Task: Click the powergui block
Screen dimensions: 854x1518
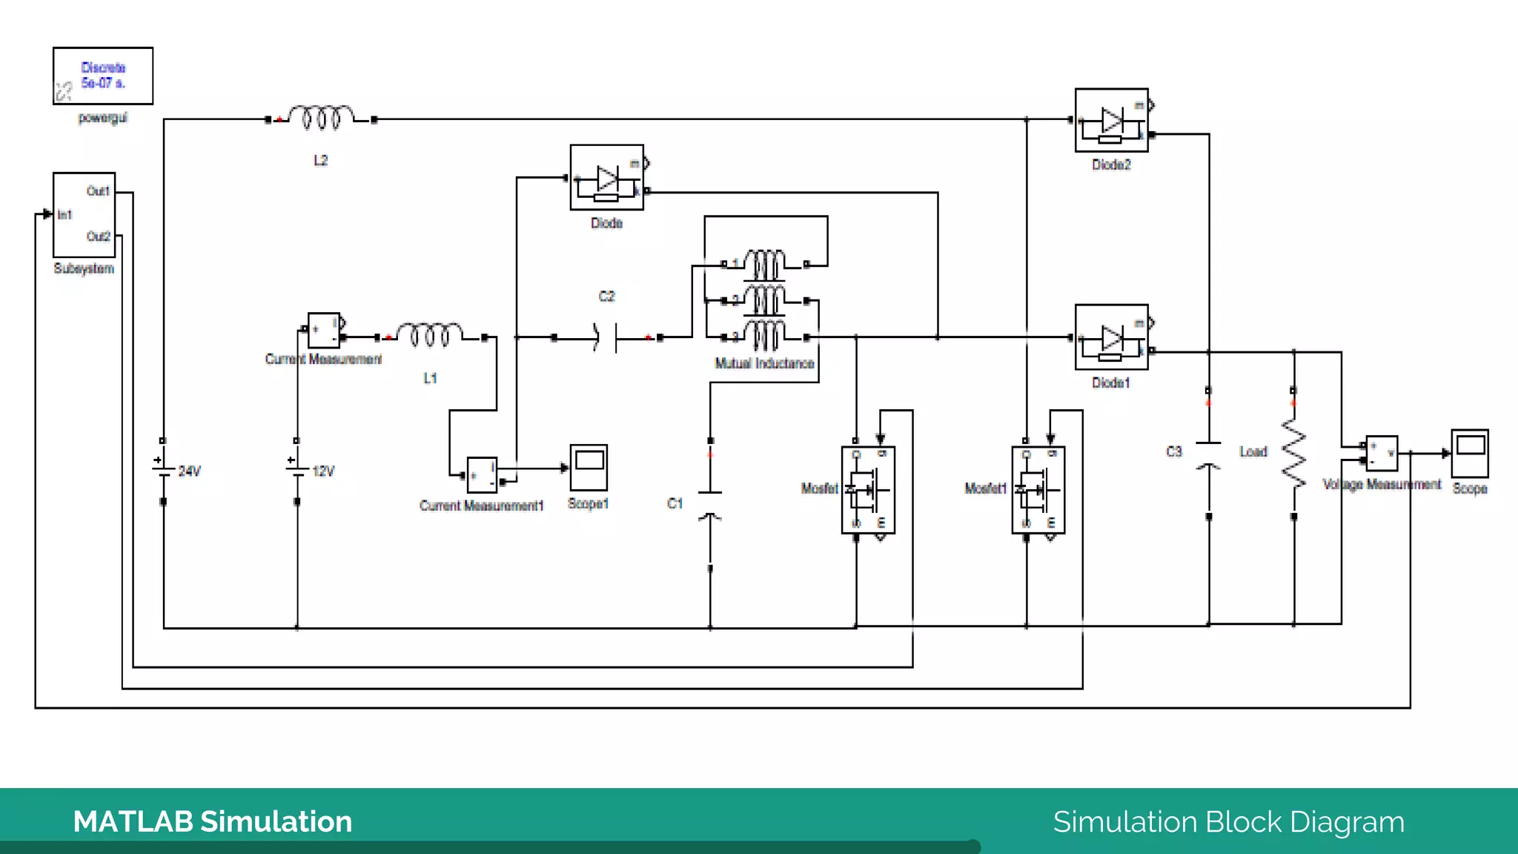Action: [x=103, y=76]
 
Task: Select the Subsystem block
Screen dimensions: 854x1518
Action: [x=84, y=214]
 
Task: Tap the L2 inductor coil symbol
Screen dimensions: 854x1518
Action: [x=320, y=118]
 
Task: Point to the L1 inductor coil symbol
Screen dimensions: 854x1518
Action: [x=430, y=335]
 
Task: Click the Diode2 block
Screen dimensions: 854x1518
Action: [x=1111, y=120]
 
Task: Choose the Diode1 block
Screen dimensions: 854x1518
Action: [x=1111, y=337]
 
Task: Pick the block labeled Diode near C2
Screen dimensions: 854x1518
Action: [x=606, y=177]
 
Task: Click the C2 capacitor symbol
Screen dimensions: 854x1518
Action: [x=606, y=338]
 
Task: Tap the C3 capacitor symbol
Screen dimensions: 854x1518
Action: [x=1208, y=454]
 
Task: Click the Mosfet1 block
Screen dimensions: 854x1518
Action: [x=1038, y=490]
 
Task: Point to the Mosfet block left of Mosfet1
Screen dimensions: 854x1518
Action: [x=868, y=490]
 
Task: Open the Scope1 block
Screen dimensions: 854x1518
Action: [x=589, y=467]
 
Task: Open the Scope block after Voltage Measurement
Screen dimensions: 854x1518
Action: [x=1469, y=453]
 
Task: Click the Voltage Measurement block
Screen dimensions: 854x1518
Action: [x=1382, y=453]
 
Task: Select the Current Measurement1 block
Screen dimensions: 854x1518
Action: [x=482, y=475]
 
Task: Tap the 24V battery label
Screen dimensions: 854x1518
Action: [x=190, y=471]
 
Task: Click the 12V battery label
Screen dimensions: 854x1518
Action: [x=324, y=471]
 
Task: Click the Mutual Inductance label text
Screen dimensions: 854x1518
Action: [x=764, y=363]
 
